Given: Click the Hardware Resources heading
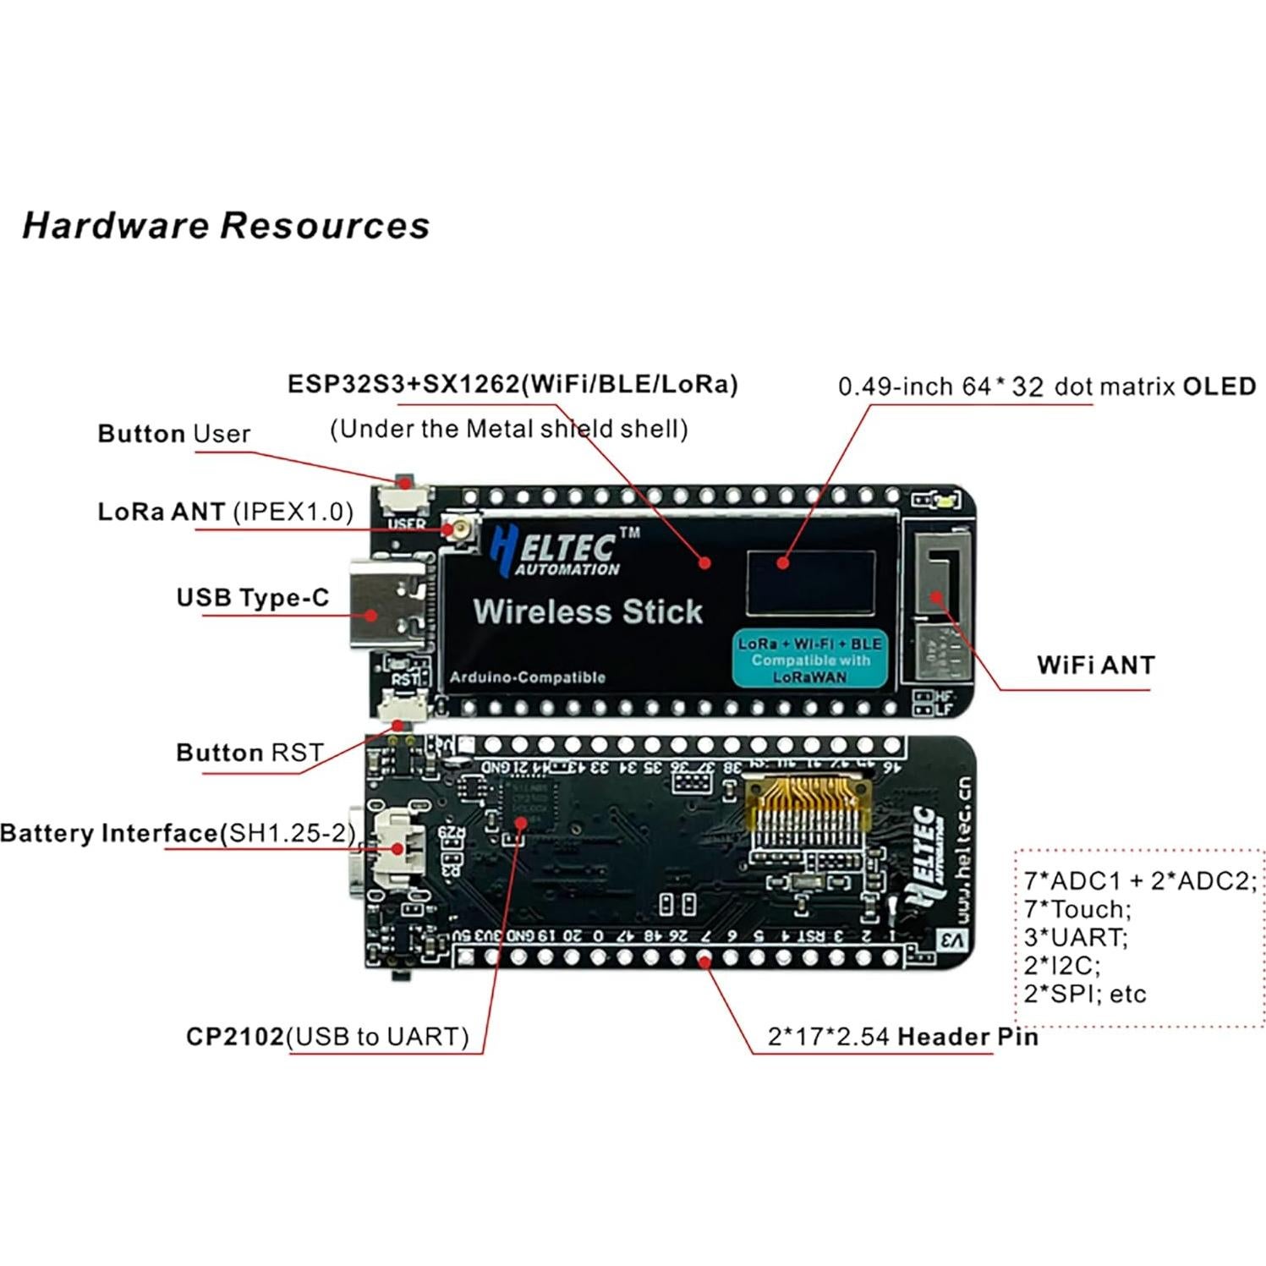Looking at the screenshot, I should pos(226,226).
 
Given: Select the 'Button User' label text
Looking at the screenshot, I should pos(174,434).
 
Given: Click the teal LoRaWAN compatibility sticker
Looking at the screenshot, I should pos(809,659).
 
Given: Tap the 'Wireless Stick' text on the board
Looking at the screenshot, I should pos(588,611).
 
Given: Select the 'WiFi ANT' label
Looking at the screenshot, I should pos(1095,665).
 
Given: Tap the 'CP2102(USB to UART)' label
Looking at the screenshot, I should pos(327,1037).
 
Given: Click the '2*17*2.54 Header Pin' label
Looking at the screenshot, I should pos(902,1037).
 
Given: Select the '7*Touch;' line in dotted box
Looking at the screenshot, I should pos(1077,909).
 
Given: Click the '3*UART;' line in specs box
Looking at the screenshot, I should pos(1075,937).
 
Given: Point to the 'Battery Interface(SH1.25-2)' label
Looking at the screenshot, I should pos(178,833).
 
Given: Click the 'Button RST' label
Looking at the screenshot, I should pos(249,753).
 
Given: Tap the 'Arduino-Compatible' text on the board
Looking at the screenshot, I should pos(528,677).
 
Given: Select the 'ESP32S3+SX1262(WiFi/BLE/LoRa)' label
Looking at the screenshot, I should pos(512,384).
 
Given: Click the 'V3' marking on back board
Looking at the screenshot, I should pos(952,940).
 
